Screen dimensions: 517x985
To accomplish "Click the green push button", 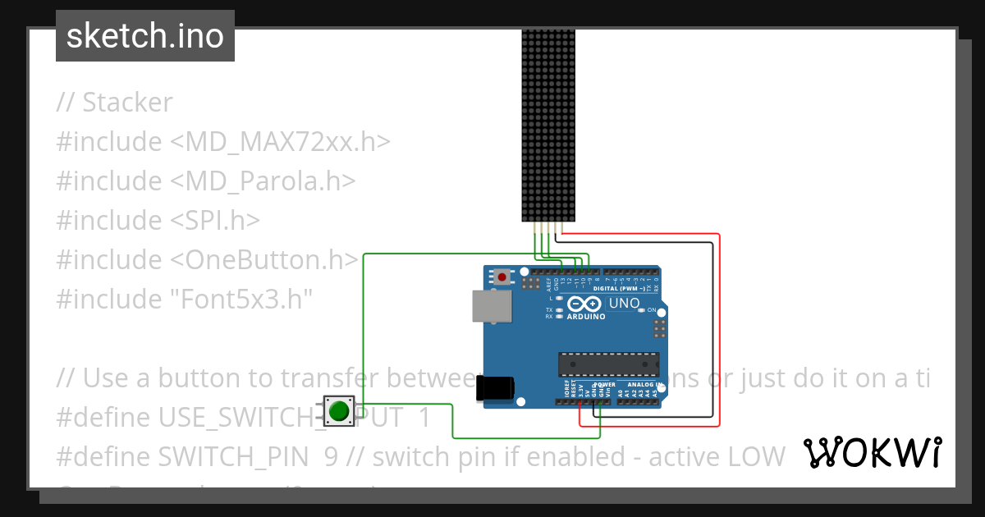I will [x=338, y=409].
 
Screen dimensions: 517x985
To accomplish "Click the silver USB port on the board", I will [x=491, y=306].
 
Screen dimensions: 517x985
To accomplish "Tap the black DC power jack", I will [x=496, y=388].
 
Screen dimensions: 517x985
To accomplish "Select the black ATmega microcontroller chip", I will [x=608, y=364].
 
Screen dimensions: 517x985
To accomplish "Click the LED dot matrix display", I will [x=549, y=126].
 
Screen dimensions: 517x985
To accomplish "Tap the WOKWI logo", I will [x=872, y=452].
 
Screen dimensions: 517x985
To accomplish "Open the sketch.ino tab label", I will [x=145, y=36].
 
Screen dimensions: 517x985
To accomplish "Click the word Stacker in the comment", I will [x=127, y=103].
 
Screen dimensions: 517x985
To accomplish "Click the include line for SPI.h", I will [x=158, y=221].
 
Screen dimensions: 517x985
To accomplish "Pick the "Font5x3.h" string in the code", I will [x=241, y=300].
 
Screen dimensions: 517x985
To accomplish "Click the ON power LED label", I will [x=651, y=310].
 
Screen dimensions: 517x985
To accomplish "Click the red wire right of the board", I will [x=720, y=328].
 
